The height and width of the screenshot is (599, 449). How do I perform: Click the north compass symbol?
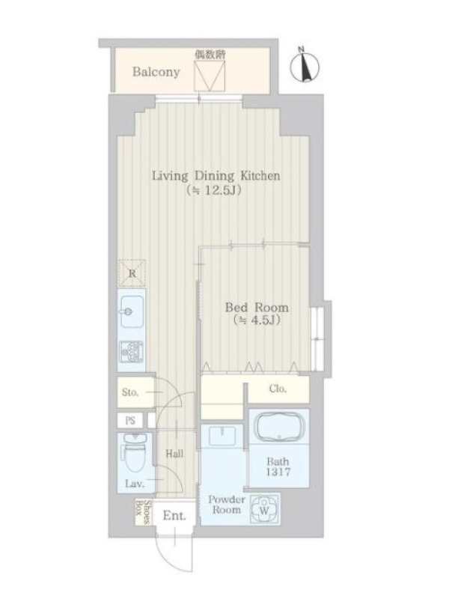tap(305, 67)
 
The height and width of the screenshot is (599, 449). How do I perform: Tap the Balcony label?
tap(156, 72)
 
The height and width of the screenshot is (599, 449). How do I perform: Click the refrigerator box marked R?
tap(132, 273)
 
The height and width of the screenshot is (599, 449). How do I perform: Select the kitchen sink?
tap(132, 311)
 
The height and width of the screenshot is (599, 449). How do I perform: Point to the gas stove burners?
tap(132, 351)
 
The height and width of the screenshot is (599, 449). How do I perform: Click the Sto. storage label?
tap(130, 392)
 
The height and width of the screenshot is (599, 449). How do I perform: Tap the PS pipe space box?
tap(130, 421)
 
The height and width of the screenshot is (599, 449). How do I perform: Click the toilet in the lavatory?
tap(133, 454)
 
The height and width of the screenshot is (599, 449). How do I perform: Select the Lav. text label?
tap(135, 484)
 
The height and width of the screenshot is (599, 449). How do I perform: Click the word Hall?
tap(174, 454)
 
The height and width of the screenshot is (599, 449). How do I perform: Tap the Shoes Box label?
tap(141, 512)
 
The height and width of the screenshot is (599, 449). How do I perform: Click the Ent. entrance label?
tap(174, 516)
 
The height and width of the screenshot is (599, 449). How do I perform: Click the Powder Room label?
tap(226, 504)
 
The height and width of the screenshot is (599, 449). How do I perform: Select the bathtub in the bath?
tap(278, 426)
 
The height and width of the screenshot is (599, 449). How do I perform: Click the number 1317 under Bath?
tap(278, 472)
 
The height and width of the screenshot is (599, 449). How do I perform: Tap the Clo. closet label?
tap(278, 389)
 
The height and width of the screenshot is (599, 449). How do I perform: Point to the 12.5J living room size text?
tap(214, 190)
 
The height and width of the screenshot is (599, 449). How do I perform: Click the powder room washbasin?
tap(222, 436)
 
